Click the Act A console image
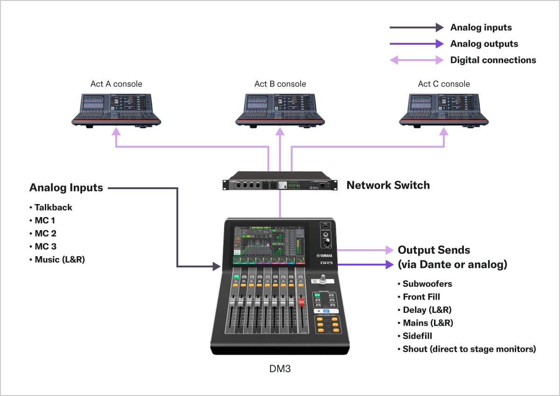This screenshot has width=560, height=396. coord(116,109)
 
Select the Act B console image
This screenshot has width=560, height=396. coord(280,109)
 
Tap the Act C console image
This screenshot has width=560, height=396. coord(444,109)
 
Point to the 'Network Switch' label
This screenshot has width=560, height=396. coord(388,185)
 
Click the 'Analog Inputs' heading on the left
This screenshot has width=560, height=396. coord(66,188)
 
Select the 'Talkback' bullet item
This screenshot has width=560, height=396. coord(53,207)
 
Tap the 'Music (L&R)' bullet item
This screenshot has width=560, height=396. coord(59,259)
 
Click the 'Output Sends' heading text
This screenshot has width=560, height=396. coord(434,250)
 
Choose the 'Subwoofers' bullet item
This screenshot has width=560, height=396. coord(427,284)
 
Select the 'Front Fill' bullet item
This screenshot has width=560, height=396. coord(421,297)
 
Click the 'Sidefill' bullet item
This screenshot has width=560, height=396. coord(417,336)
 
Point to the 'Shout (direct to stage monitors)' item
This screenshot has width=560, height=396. coord(469,349)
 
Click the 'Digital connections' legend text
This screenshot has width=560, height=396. coord(493,60)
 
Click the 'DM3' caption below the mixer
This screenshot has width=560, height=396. coord(280,369)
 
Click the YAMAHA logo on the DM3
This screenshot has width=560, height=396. coord(327,255)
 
